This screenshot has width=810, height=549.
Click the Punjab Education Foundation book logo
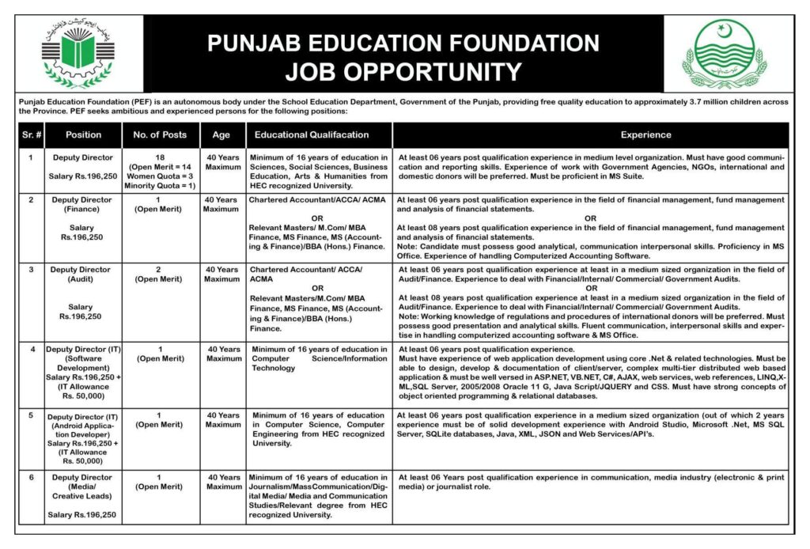(x=77, y=55)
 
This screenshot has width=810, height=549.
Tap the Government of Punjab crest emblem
(x=725, y=54)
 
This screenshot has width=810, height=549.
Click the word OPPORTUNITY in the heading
(x=403, y=72)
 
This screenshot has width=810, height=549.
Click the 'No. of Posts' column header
(x=160, y=134)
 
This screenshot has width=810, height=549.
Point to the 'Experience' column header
(x=645, y=134)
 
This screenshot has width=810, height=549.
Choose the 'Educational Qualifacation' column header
(x=312, y=134)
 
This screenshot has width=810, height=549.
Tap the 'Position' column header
(x=84, y=134)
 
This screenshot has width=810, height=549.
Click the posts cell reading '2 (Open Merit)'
(x=160, y=274)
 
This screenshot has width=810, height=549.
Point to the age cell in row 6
(x=223, y=483)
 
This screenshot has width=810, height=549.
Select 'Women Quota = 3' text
(x=160, y=176)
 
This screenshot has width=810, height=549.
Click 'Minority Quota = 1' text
(x=160, y=186)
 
